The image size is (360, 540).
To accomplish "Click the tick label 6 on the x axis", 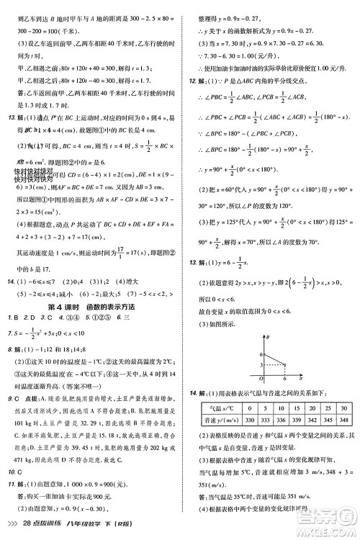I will click(286, 379).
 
